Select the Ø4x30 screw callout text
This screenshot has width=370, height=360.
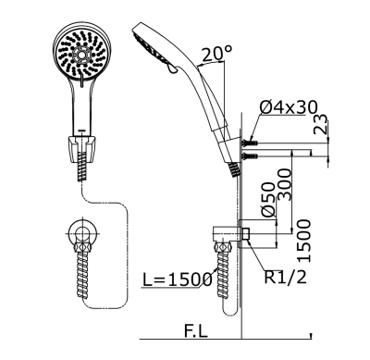coord(290,109)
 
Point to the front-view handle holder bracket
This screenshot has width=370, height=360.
coord(81,143)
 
